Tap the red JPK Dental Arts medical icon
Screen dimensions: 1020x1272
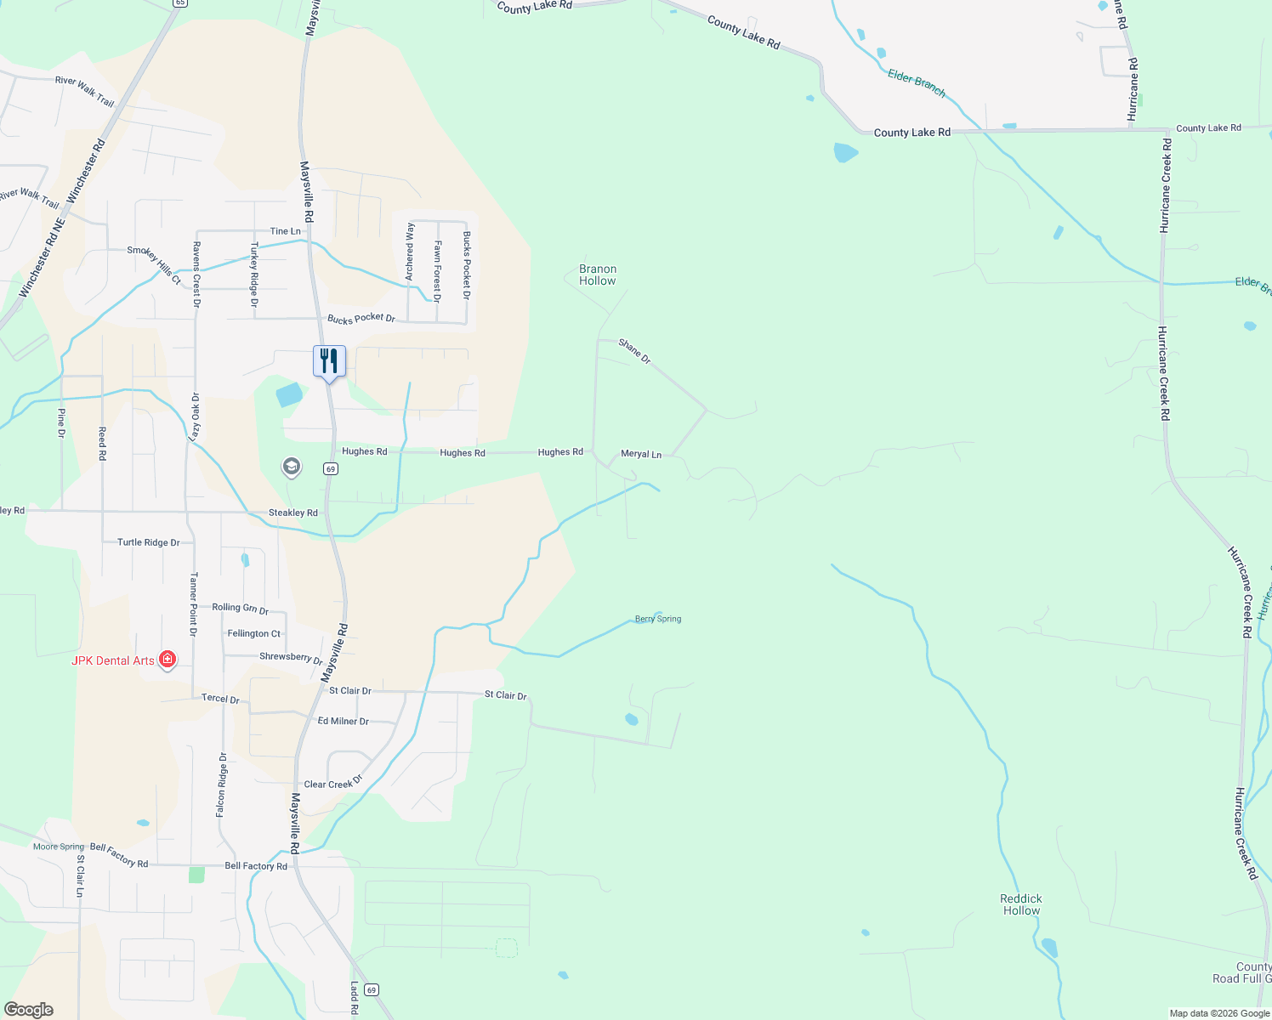click(x=168, y=660)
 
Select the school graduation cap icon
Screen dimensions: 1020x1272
click(x=291, y=467)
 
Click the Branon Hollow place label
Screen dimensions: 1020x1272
click(x=597, y=275)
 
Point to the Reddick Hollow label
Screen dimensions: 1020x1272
click(x=1021, y=904)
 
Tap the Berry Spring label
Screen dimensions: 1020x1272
click(x=658, y=619)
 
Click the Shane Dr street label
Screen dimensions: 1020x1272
click(x=634, y=351)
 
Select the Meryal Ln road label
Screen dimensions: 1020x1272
click(x=641, y=454)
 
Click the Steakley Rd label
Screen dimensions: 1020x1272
click(x=292, y=513)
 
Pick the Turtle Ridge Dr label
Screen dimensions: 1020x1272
click(x=148, y=542)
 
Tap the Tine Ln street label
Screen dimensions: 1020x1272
click(x=285, y=231)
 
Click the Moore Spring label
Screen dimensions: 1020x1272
click(x=59, y=847)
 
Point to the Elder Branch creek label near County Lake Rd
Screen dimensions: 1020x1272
click(x=917, y=82)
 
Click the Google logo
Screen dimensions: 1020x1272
click(x=28, y=1010)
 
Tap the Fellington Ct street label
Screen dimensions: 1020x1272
click(x=253, y=633)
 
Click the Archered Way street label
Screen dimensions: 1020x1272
click(x=410, y=251)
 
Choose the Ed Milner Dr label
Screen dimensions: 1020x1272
click(x=343, y=721)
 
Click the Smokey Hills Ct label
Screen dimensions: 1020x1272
click(x=154, y=264)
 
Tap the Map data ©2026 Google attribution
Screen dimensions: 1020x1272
click(x=1218, y=1013)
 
